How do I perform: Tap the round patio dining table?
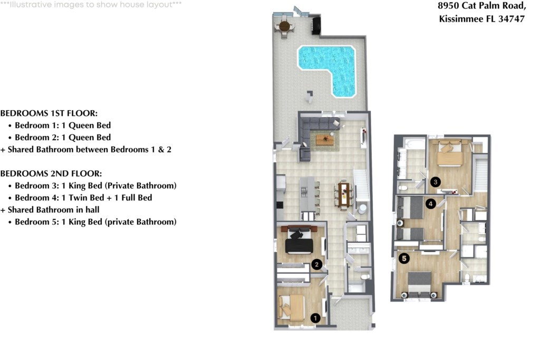[284, 26]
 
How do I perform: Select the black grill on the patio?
[316, 25]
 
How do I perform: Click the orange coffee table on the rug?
[325, 139]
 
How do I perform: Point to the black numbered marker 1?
[315, 318]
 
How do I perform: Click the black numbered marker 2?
[316, 264]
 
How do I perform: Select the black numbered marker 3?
[435, 182]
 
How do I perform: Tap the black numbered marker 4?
[430, 204]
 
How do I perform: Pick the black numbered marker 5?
[404, 258]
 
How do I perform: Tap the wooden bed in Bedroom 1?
[292, 307]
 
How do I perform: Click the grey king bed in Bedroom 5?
[419, 284]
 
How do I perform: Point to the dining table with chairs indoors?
[344, 196]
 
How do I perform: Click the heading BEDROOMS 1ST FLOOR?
[49, 113]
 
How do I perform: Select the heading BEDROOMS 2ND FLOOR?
[51, 173]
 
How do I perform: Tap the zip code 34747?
[512, 18]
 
